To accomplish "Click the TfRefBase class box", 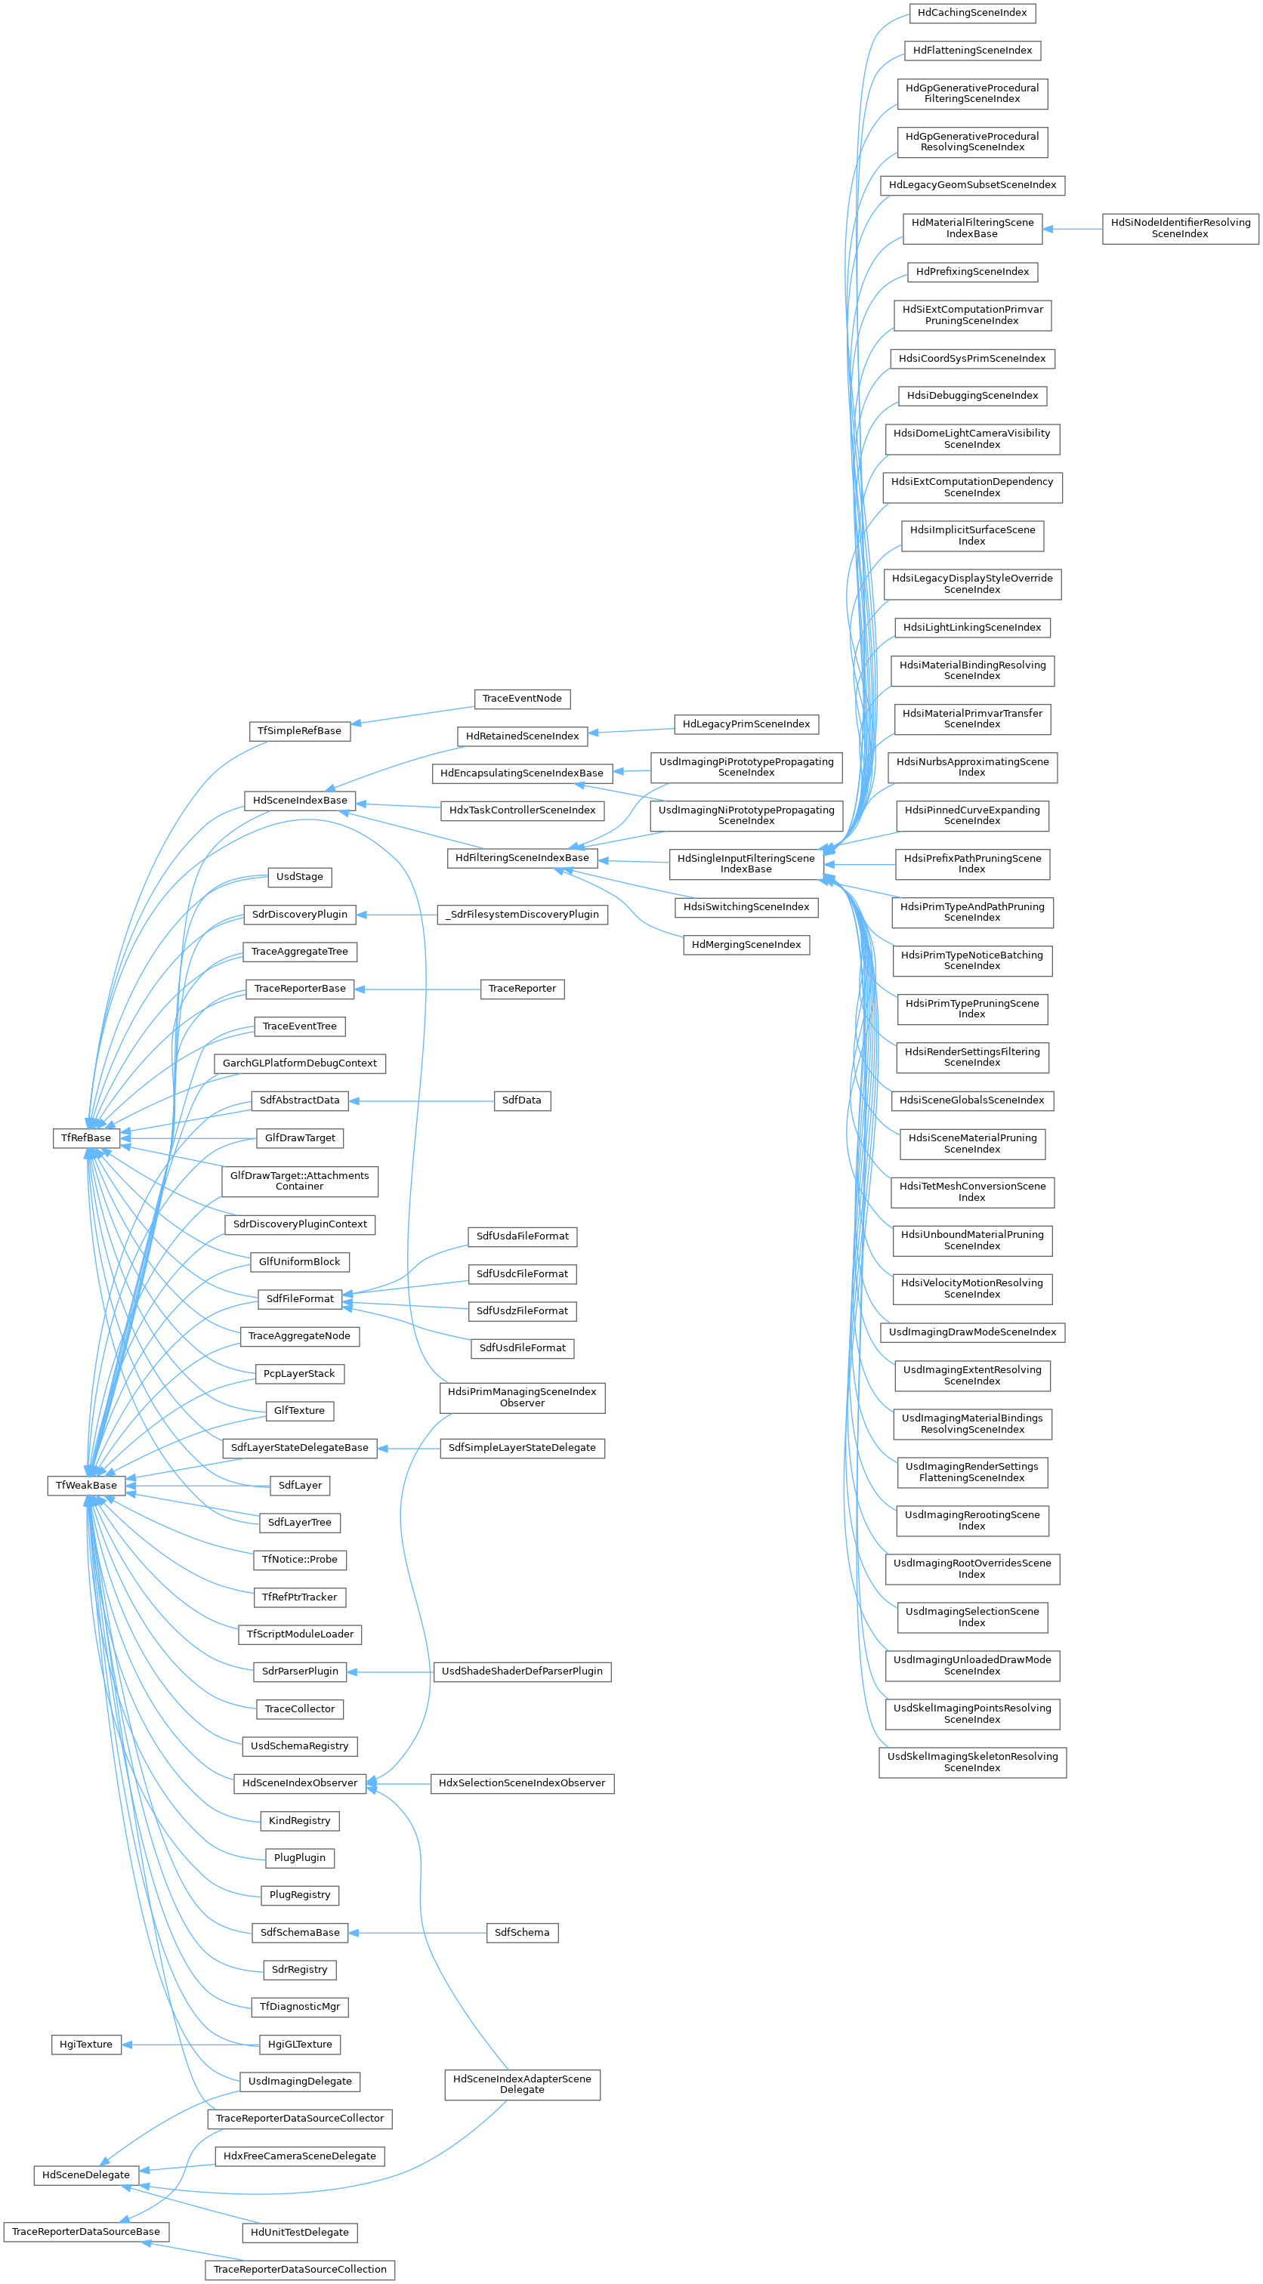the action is point(86,1137).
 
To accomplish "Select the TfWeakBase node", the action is point(86,1485).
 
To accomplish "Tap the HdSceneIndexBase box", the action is point(300,801).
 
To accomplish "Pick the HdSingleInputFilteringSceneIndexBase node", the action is point(746,863).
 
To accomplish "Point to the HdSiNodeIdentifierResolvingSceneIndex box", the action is point(1181,229).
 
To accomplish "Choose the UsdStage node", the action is point(300,877).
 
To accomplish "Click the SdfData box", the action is point(521,1100).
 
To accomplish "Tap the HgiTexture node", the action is point(86,2045).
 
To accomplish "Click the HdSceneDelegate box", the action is point(86,2175).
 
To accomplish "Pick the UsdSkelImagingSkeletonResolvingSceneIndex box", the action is point(972,1763).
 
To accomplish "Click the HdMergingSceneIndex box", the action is point(746,945).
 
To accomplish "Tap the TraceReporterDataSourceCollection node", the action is point(300,2270).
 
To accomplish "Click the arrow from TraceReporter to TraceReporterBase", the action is point(418,989).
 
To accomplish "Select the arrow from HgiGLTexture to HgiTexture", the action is point(190,2045).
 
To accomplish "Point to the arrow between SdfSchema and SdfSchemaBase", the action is point(418,1933).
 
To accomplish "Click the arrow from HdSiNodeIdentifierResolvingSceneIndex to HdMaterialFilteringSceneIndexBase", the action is point(1073,229).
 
